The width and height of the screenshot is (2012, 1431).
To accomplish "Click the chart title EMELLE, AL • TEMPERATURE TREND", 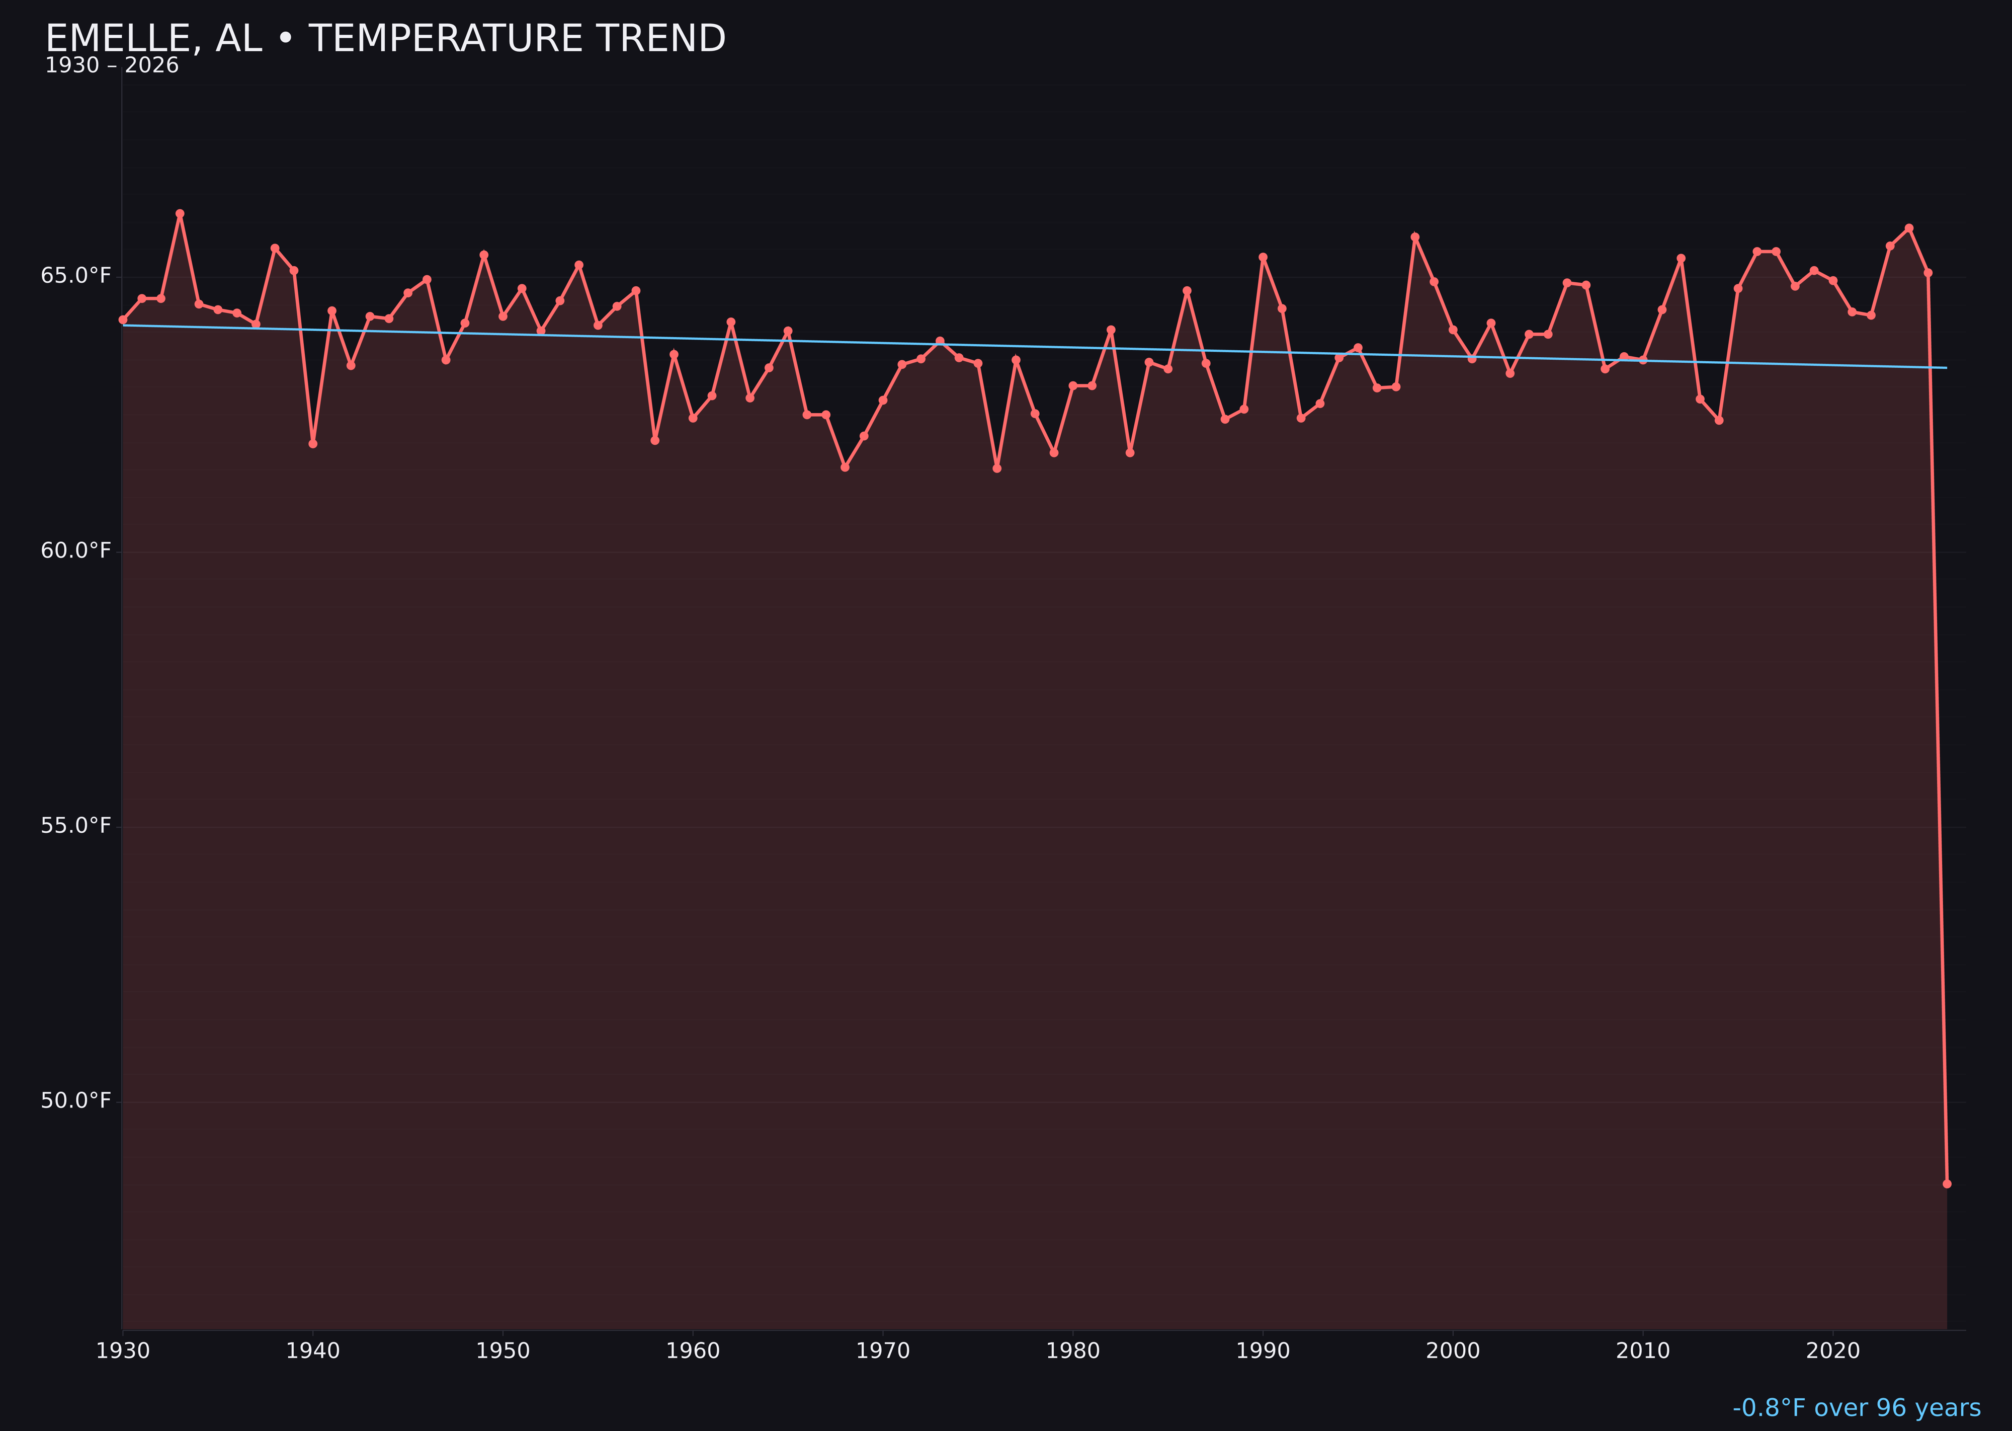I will click(x=385, y=39).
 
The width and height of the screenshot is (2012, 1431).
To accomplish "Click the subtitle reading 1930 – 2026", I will click(x=112, y=66).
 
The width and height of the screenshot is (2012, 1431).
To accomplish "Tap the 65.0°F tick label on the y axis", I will click(x=76, y=276).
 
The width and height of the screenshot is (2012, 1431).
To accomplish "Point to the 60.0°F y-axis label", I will click(x=76, y=551).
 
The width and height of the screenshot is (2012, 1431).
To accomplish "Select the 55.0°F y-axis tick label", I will click(x=76, y=826).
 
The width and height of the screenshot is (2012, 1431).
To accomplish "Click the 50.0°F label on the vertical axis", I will click(x=76, y=1100).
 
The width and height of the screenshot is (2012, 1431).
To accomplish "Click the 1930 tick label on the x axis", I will click(x=123, y=1351).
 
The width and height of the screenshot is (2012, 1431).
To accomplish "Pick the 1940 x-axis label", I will click(x=313, y=1351).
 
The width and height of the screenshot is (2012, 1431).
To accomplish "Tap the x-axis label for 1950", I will click(x=503, y=1351).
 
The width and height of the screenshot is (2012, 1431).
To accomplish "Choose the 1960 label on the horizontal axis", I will click(x=693, y=1351).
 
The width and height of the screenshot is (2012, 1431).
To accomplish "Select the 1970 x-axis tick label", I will click(x=883, y=1351).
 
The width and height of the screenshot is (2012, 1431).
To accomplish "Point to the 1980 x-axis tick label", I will click(x=1073, y=1351).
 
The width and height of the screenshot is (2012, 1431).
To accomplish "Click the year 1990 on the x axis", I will click(x=1263, y=1351).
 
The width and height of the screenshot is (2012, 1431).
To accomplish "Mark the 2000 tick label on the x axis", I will click(x=1453, y=1351).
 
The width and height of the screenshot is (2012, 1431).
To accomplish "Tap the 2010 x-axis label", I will click(x=1643, y=1351).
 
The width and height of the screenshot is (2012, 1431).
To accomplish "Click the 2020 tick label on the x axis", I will click(x=1833, y=1351).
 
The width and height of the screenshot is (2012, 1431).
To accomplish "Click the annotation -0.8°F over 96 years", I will click(x=1856, y=1408).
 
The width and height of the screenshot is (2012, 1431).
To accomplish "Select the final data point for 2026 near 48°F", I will click(x=1947, y=1183).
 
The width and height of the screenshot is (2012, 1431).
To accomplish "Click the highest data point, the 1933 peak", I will click(x=180, y=213).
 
